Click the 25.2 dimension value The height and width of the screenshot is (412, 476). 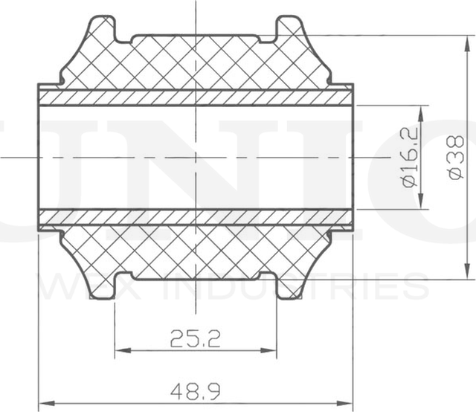point(196,341)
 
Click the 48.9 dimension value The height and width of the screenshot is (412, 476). point(196,389)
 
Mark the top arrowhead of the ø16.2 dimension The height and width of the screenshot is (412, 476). point(422,110)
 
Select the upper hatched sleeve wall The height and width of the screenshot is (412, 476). point(196,97)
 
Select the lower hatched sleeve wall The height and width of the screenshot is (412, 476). point(196,217)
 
